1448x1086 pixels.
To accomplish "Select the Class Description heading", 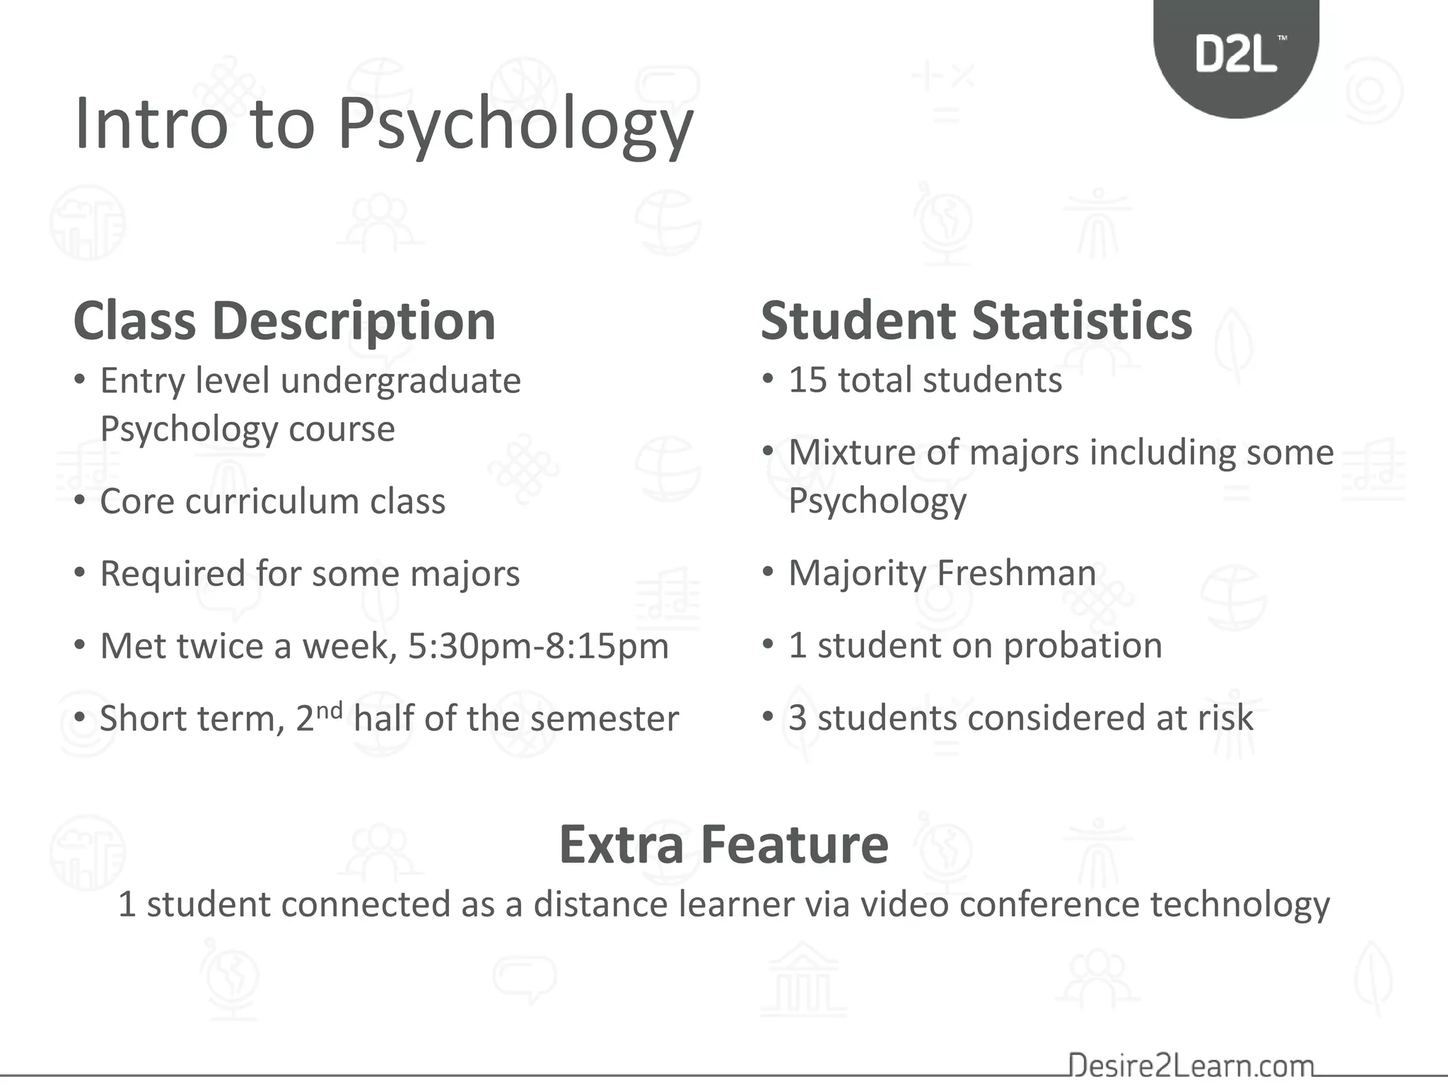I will point(284,321).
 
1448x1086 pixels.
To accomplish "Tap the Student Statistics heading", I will point(976,321).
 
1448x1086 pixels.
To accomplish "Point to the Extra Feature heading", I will point(723,844).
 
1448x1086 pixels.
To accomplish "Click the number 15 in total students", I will point(807,380).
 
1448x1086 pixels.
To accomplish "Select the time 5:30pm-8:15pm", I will point(538,646).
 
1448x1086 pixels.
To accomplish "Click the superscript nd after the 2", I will point(329,709).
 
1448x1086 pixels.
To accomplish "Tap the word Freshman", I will point(1017,573).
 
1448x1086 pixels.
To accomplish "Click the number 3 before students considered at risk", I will point(798,718).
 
